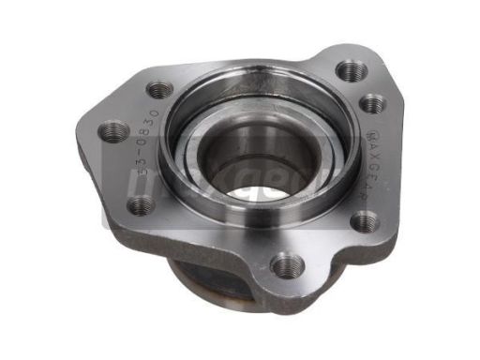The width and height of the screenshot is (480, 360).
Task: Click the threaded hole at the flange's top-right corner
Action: (351, 70)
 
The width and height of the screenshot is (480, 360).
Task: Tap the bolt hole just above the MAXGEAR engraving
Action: (372, 103)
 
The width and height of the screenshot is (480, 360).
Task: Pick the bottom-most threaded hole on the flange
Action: (287, 265)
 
